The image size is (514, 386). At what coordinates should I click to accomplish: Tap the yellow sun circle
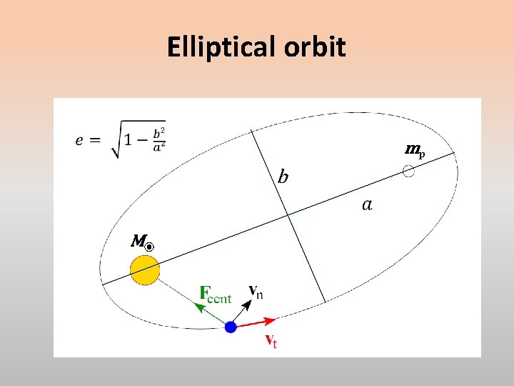[x=145, y=270]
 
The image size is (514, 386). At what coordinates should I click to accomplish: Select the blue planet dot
[x=231, y=327]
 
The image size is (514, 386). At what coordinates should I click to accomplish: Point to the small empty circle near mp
[x=408, y=172]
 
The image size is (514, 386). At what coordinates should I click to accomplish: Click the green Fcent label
[x=215, y=294]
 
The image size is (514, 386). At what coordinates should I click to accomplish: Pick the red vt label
[x=271, y=340]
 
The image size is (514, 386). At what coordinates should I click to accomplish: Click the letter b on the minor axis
[x=283, y=176]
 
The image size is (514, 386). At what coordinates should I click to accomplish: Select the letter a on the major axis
[x=367, y=205]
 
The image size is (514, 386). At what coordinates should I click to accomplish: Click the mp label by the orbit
[x=415, y=150]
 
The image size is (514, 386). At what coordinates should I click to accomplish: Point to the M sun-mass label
[x=142, y=242]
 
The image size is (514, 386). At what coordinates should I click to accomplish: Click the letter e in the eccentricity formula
[x=80, y=139]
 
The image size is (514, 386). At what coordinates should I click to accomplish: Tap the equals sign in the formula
[x=96, y=140]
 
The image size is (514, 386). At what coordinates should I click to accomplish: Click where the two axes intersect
[x=288, y=214]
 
